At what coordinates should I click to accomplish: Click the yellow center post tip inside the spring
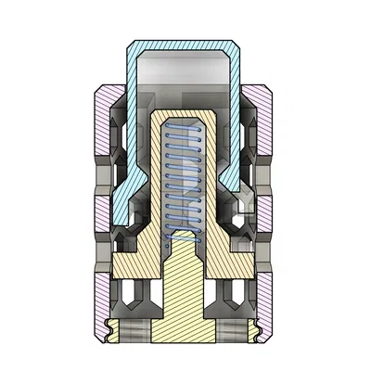pos(182,243)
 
